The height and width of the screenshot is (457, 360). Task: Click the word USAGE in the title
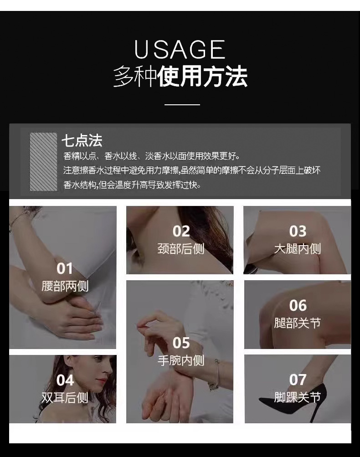(180, 50)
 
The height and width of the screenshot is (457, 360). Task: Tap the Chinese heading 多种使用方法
(180, 76)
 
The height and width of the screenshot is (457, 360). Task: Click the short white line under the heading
(182, 105)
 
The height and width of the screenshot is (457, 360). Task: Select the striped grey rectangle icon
(43, 162)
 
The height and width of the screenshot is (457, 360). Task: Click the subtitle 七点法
(82, 140)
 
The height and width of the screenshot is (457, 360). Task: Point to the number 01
(65, 268)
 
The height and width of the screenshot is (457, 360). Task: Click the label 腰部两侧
(65, 286)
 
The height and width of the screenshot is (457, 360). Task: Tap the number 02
(181, 231)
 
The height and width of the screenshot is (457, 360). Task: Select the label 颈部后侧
(181, 249)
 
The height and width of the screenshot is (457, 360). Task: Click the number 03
(298, 231)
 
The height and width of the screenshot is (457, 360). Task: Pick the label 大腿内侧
(298, 249)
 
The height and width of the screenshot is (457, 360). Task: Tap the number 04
(65, 380)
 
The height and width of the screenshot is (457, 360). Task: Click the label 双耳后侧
(65, 397)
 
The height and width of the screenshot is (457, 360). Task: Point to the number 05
(181, 343)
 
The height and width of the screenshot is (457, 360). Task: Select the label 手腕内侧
(181, 360)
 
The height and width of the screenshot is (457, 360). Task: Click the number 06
(298, 305)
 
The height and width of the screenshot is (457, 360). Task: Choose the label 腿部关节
(298, 323)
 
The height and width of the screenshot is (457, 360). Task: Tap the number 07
(298, 380)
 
